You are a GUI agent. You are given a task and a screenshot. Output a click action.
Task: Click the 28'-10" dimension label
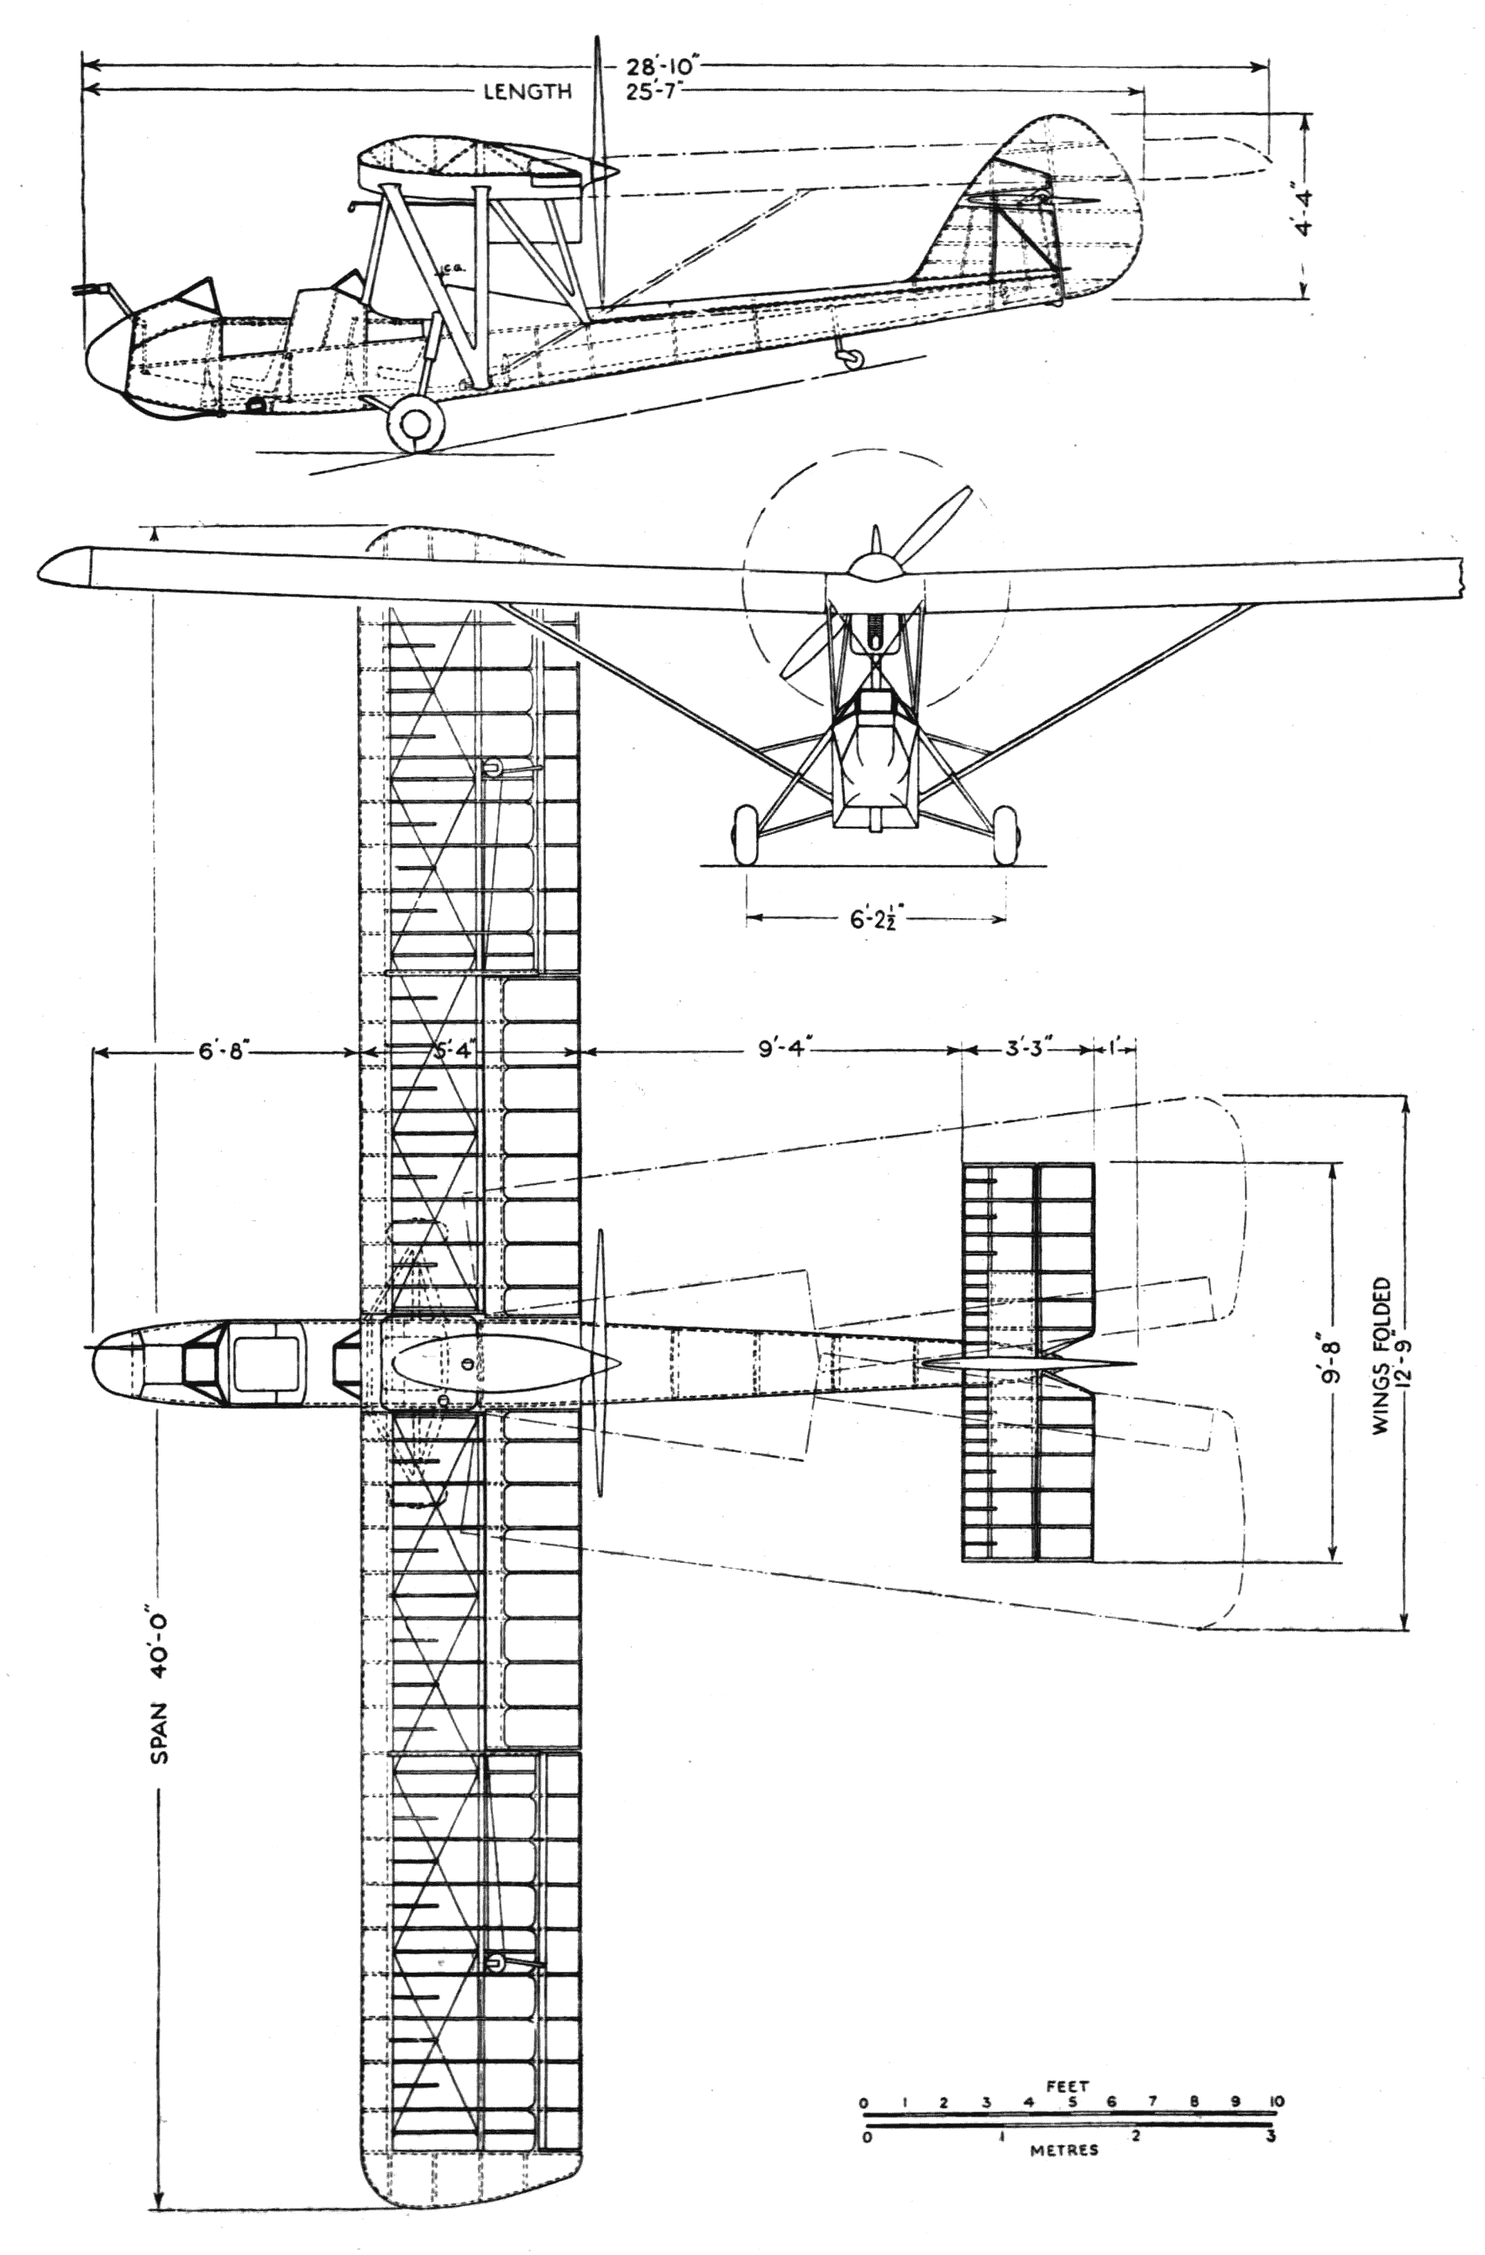(x=663, y=68)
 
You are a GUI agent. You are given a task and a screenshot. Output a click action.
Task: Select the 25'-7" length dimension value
(x=659, y=92)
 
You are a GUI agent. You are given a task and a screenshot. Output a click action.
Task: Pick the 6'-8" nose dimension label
(x=224, y=1051)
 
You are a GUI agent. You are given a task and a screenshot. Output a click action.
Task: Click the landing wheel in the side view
(x=415, y=423)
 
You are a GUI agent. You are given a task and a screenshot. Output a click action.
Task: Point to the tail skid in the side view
(x=849, y=354)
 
